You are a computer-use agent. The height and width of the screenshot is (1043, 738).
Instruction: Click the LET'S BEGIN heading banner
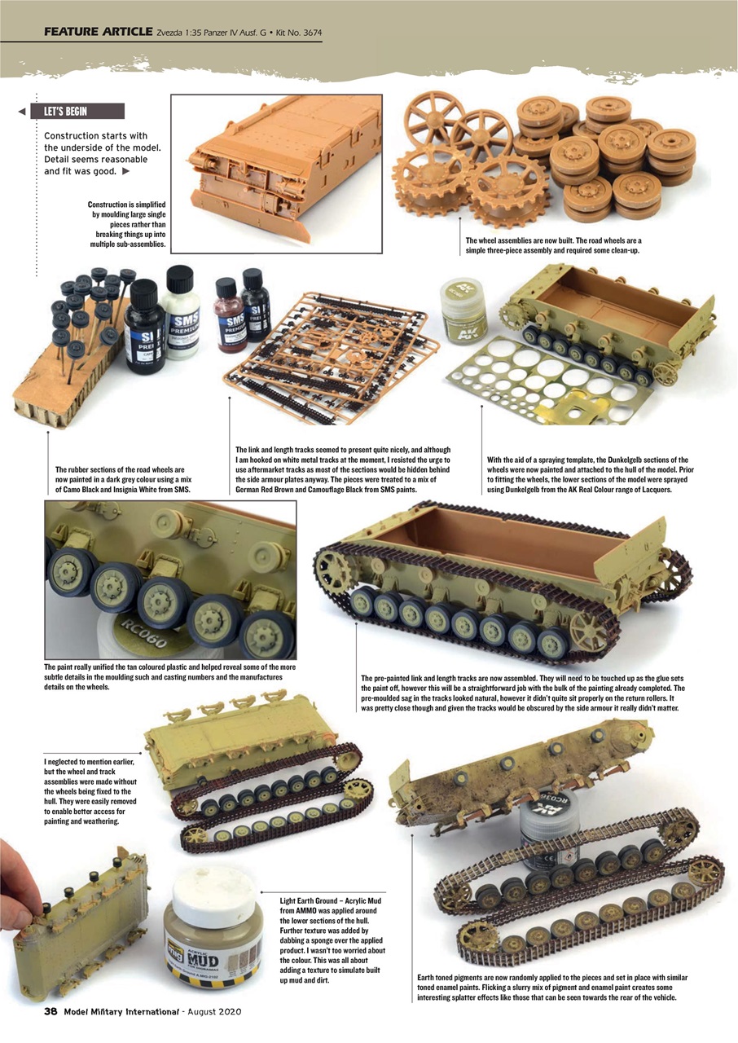[x=77, y=112]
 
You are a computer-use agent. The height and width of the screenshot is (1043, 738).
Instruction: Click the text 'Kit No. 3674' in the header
[x=290, y=33]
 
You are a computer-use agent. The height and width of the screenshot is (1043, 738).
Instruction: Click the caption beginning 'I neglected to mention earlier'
[x=87, y=790]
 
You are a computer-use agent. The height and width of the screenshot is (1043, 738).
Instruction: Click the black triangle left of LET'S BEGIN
[x=22, y=112]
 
